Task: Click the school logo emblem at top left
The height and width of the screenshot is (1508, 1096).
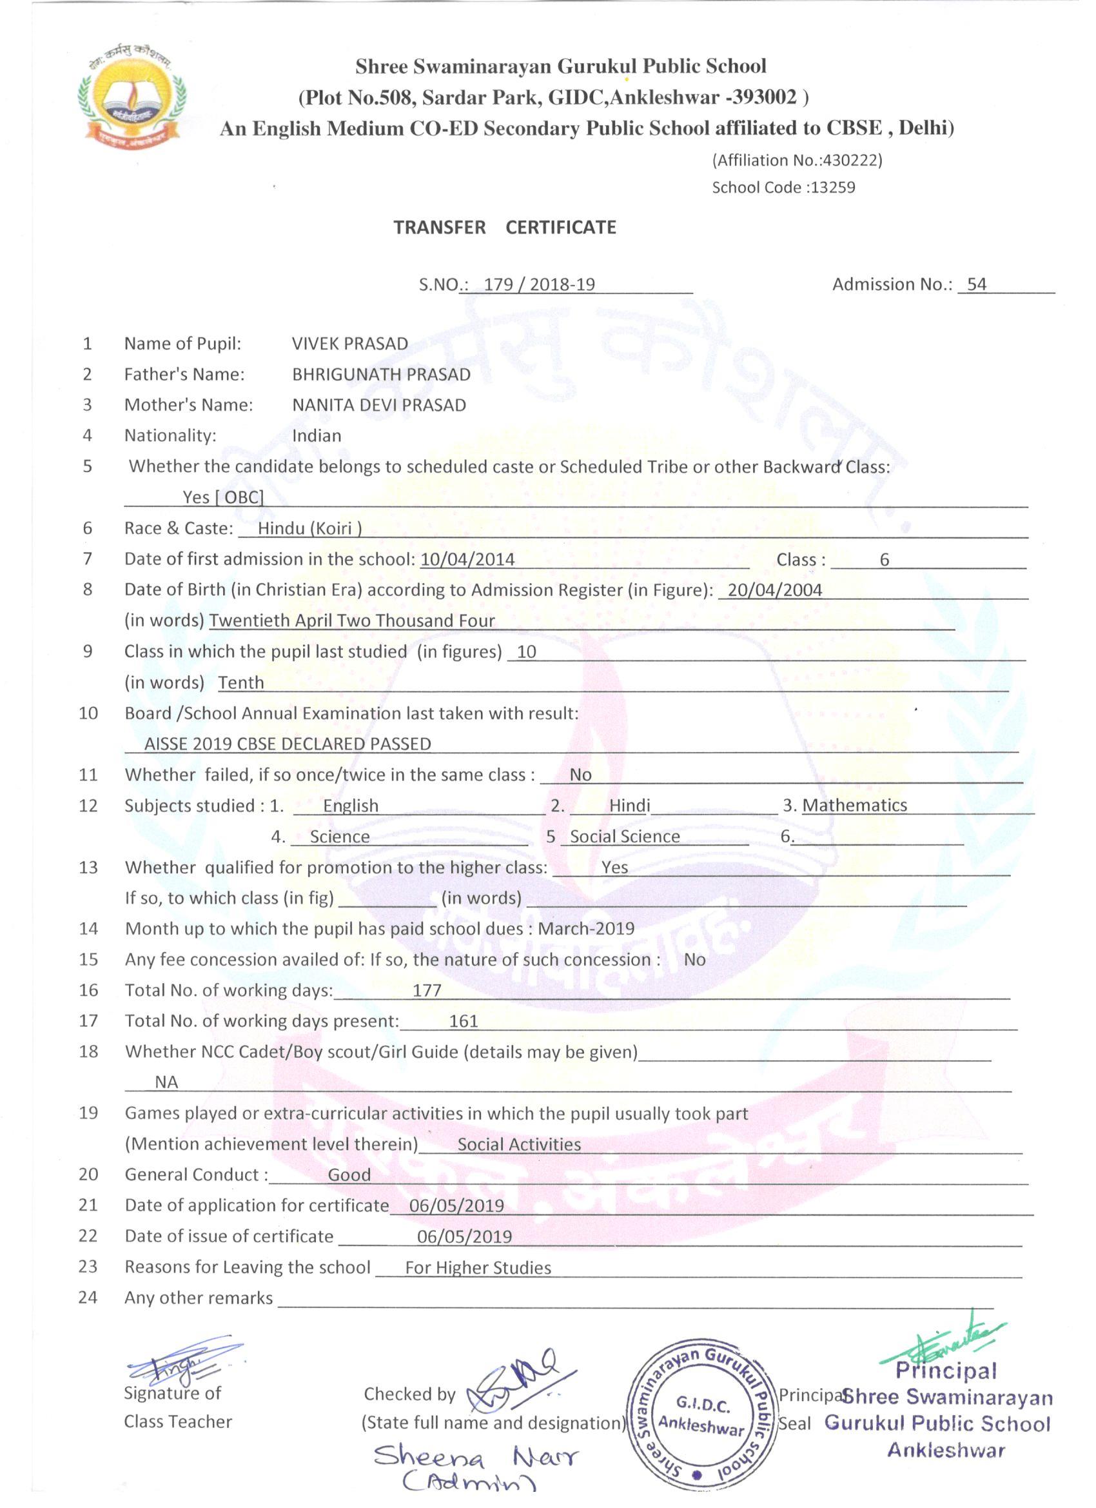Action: coord(132,96)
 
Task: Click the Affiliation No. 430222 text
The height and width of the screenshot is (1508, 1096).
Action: coord(797,160)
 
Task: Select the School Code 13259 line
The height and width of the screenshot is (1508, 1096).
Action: coord(783,188)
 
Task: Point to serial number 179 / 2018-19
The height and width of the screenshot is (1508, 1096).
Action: coord(539,284)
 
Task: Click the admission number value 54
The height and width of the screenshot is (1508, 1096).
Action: coord(976,284)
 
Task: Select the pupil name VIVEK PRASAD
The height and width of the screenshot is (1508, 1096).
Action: coord(349,344)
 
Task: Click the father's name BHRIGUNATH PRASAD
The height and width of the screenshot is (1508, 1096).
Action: coord(381,374)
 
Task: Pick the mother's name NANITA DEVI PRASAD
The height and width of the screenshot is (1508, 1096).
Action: coord(379,405)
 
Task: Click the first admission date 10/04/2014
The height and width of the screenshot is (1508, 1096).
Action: coord(467,559)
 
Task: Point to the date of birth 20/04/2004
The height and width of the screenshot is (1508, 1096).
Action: coord(774,590)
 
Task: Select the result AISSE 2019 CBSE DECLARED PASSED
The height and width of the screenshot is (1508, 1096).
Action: coord(288,744)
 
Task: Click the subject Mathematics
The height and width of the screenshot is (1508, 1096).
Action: coord(854,805)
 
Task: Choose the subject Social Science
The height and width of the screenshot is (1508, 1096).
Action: coord(625,837)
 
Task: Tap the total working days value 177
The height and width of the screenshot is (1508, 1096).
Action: coord(427,990)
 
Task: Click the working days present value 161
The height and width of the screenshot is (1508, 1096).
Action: coord(464,1020)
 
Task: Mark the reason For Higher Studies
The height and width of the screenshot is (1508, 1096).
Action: coord(478,1267)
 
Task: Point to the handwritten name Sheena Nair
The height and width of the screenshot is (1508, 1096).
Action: coord(475,1457)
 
